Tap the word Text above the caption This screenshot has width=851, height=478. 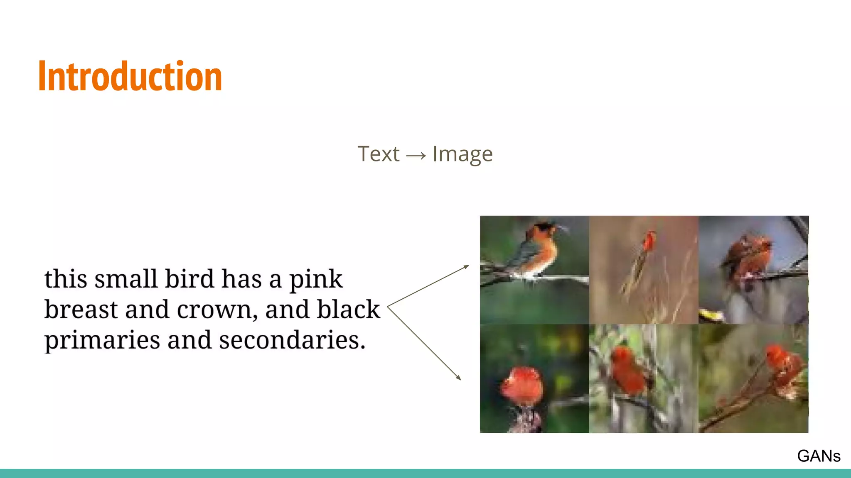tap(378, 154)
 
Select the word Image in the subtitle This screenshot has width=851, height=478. tap(462, 154)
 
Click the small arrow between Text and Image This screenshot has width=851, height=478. tap(416, 156)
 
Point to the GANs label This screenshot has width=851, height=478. tap(819, 456)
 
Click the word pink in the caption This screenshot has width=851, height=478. tap(316, 279)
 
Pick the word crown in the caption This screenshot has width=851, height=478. tap(214, 310)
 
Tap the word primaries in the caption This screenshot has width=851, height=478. tap(102, 341)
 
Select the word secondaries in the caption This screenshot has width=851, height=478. tap(292, 340)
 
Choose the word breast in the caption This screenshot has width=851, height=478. tap(81, 310)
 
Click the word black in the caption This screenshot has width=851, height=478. tap(348, 310)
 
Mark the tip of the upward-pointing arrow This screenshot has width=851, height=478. tap(469, 266)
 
